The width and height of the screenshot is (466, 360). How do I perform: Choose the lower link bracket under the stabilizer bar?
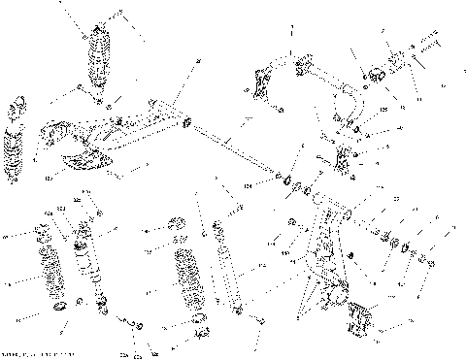click(x=343, y=158)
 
